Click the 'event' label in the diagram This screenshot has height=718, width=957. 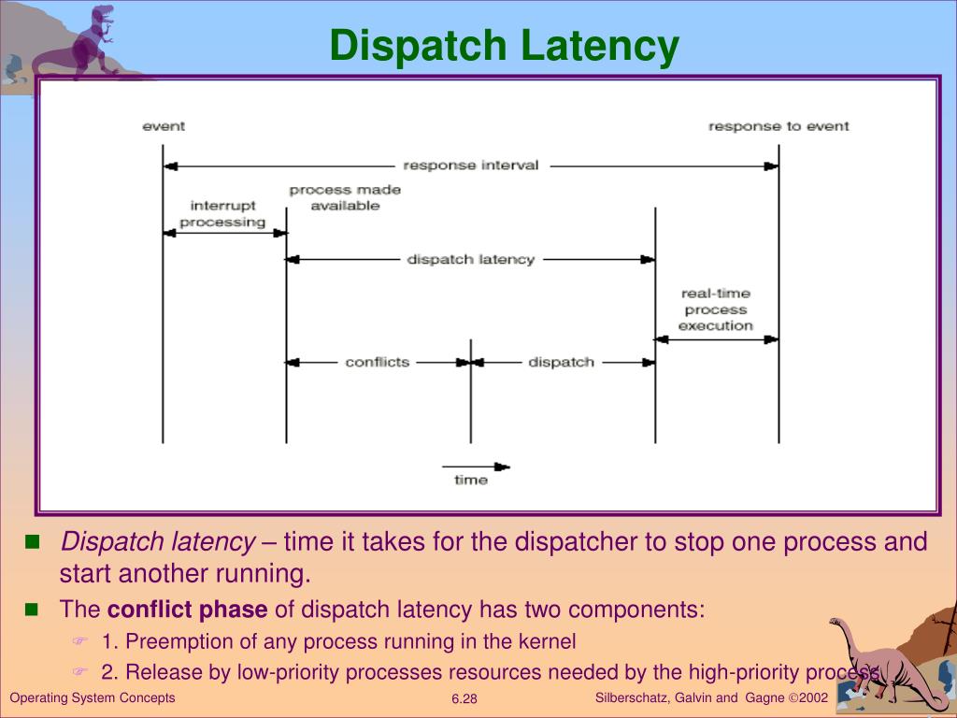[x=164, y=126]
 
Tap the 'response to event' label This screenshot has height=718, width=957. [x=778, y=126]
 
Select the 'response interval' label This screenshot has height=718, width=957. [x=470, y=165]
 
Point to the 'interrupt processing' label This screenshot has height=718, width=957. [x=222, y=214]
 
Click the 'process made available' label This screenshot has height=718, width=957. [x=345, y=197]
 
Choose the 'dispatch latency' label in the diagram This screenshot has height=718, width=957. [x=470, y=259]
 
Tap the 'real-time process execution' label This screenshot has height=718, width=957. [x=716, y=309]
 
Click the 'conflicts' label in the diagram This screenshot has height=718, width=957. [x=377, y=362]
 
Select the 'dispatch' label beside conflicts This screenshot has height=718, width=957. [x=561, y=362]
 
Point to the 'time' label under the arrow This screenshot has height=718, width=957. [x=471, y=481]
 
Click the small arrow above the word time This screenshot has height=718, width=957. [x=476, y=466]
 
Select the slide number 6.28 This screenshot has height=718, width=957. [x=464, y=699]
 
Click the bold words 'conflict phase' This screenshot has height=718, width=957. [x=188, y=610]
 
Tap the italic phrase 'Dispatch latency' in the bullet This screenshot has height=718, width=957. [x=158, y=542]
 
